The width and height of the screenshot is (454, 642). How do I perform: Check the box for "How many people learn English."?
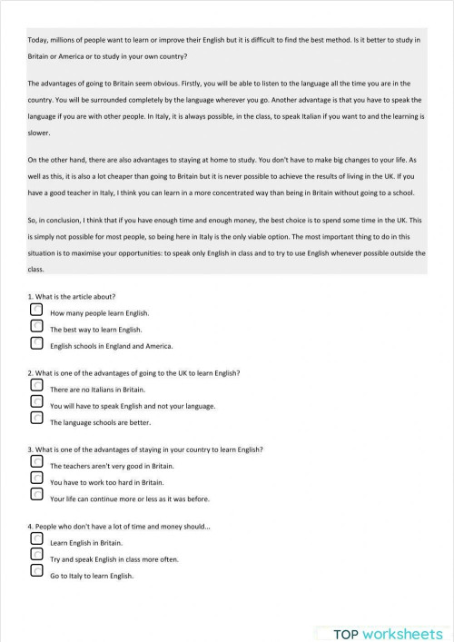(36, 310)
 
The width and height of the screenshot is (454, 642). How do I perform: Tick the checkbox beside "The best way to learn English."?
(36, 327)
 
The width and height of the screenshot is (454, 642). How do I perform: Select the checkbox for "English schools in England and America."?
(36, 343)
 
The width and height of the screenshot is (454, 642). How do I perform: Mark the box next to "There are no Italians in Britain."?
(36, 386)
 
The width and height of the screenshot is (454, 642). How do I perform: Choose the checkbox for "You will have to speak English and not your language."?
(36, 402)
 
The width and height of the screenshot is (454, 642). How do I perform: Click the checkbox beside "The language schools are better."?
(36, 420)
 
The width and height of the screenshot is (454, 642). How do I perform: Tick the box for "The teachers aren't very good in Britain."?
(36, 462)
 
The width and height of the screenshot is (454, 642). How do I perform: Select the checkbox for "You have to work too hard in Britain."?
(36, 479)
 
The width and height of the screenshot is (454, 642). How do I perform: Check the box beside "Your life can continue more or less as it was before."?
(36, 496)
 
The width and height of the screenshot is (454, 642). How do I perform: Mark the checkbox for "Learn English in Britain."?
(36, 538)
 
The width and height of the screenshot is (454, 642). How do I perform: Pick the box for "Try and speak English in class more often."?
(36, 555)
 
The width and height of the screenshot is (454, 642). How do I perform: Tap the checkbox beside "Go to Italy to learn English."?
(36, 572)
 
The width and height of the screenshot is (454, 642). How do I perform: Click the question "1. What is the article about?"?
(72, 296)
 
